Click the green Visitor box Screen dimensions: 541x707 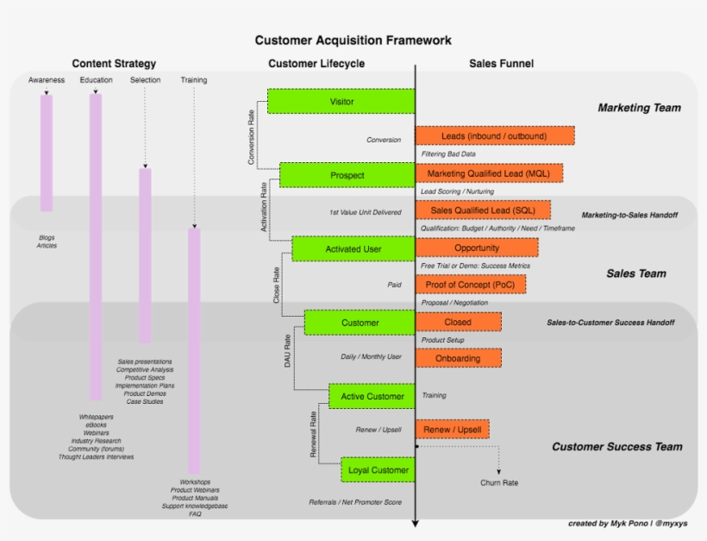coord(341,101)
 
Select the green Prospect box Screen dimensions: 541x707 coord(347,175)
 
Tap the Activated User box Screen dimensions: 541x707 coord(353,249)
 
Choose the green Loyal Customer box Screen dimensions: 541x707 coord(378,470)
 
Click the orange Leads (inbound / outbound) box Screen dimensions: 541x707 coord(494,136)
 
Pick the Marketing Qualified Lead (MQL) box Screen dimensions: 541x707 coord(489,173)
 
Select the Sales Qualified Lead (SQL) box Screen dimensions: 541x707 coord(483,211)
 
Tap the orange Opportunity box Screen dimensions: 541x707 coord(477,248)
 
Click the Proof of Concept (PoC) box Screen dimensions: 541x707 coord(471,285)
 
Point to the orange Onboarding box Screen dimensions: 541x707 coord(459,358)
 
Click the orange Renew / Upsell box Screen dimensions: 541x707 coord(453,430)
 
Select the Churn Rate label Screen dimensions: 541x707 coord(499,483)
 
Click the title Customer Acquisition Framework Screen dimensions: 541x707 coord(353,41)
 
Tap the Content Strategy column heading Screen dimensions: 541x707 coord(114,64)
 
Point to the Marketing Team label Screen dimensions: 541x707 coord(639,108)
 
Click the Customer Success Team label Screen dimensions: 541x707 coord(616,447)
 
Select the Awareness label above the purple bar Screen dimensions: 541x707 coord(47,80)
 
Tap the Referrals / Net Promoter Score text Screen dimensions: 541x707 coord(355,501)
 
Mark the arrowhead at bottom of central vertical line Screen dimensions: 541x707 coord(416,522)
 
